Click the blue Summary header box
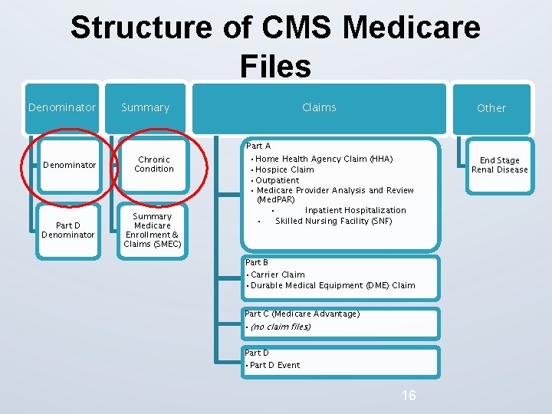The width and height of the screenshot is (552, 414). [146, 108]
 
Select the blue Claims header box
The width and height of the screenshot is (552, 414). [319, 108]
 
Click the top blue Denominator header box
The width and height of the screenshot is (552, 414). [62, 108]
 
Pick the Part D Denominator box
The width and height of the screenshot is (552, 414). [69, 230]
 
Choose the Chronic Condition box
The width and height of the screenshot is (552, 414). [154, 164]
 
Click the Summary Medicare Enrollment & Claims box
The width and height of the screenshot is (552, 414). [153, 230]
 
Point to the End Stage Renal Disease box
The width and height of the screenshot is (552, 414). [499, 165]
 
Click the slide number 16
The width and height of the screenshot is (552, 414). [409, 396]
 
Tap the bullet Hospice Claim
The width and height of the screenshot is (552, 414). [284, 169]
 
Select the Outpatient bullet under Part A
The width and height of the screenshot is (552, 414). [277, 180]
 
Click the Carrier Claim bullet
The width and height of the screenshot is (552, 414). [277, 274]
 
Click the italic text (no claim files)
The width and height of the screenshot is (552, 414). [280, 327]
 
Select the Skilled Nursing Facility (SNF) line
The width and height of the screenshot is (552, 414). [333, 221]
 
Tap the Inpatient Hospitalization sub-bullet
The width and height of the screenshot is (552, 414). [355, 210]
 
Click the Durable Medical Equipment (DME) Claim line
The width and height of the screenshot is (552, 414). [332, 285]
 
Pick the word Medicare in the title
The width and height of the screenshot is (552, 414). [412, 28]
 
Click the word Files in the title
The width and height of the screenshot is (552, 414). [275, 66]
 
